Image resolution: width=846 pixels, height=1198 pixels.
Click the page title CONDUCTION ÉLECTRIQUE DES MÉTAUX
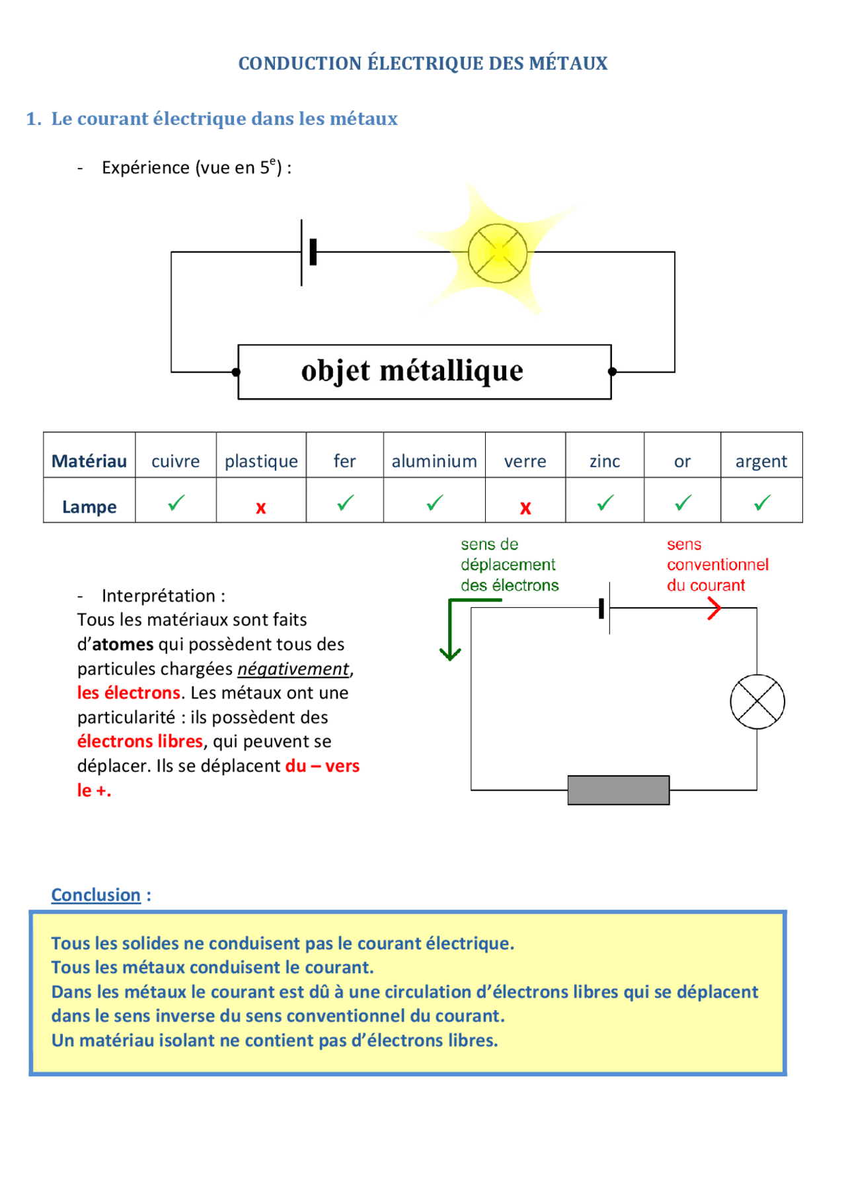pyautogui.click(x=423, y=64)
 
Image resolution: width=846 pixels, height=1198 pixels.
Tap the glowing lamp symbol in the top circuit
pyautogui.click(x=498, y=253)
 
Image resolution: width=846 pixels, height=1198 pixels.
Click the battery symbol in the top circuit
pyautogui.click(x=307, y=252)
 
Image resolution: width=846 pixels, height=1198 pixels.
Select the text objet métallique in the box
pyautogui.click(x=412, y=371)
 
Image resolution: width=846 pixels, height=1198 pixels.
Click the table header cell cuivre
pyautogui.click(x=175, y=461)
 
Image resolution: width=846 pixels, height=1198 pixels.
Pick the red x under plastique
pyautogui.click(x=261, y=508)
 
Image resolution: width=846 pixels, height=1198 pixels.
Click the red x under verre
pyautogui.click(x=525, y=508)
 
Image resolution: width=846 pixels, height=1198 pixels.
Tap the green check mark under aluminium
pyautogui.click(x=434, y=503)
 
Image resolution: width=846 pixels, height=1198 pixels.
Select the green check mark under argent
pyautogui.click(x=762, y=503)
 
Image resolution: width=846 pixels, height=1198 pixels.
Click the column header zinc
pyautogui.click(x=605, y=461)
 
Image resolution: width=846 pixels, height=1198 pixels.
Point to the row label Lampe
pyautogui.click(x=89, y=507)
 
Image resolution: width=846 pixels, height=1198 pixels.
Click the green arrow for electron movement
pyautogui.click(x=450, y=628)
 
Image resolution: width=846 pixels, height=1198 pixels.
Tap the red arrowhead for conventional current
pyautogui.click(x=714, y=608)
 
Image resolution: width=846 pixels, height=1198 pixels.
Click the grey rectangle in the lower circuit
pyautogui.click(x=618, y=790)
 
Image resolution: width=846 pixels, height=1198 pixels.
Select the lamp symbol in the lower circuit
pyautogui.click(x=757, y=702)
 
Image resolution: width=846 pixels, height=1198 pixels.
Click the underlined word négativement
pyautogui.click(x=293, y=669)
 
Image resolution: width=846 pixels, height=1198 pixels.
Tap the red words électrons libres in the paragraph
pyautogui.click(x=140, y=742)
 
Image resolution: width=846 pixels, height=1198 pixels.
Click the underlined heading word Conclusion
pyautogui.click(x=96, y=895)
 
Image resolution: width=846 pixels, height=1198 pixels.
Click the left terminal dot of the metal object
pyautogui.click(x=237, y=372)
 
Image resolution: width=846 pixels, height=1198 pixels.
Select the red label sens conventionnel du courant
pyautogui.click(x=717, y=565)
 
